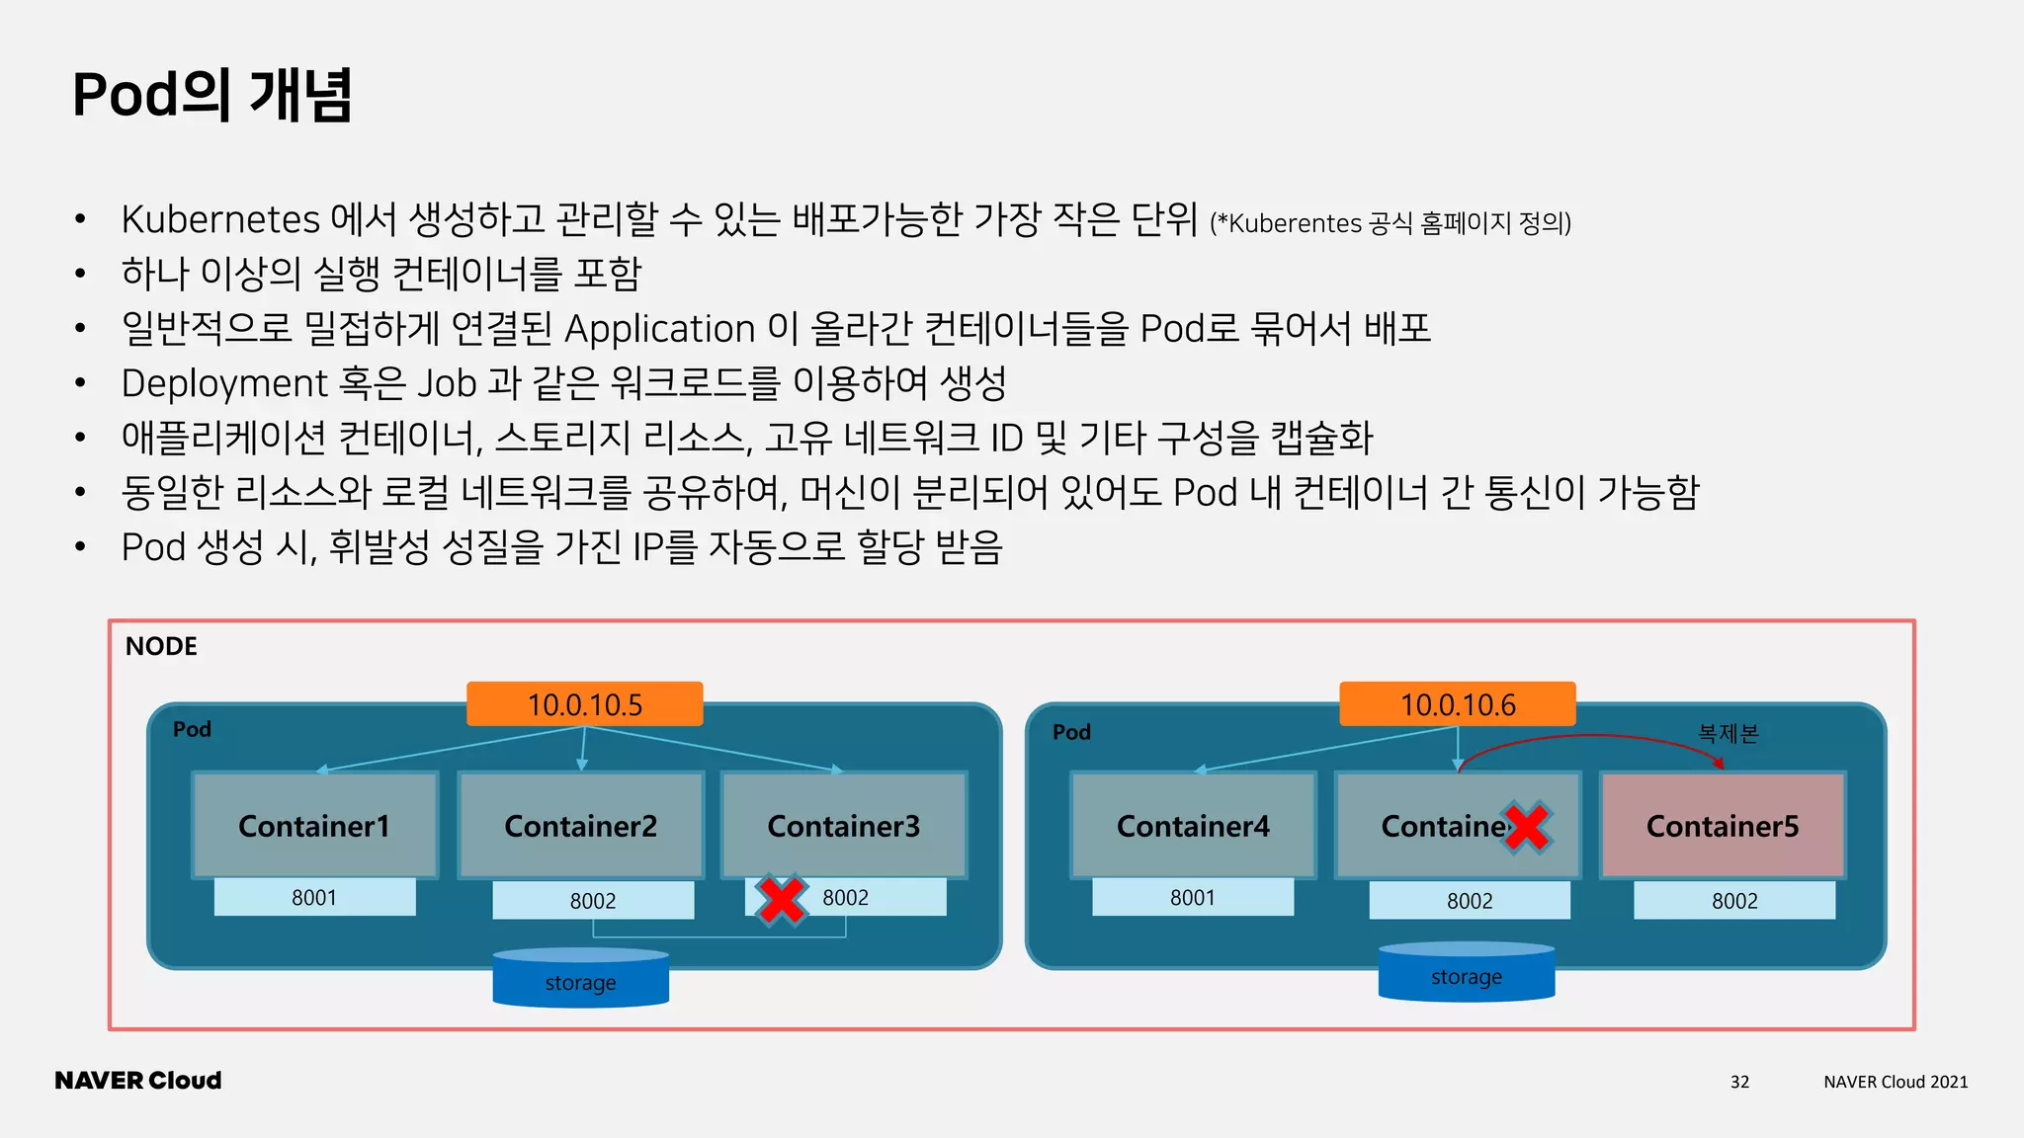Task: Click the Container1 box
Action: click(314, 825)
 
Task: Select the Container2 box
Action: click(580, 825)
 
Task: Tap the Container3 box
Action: click(843, 825)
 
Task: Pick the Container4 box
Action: click(1193, 825)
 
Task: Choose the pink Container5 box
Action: click(1722, 825)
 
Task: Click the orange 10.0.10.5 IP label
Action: click(584, 704)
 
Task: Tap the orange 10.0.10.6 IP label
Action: click(1457, 704)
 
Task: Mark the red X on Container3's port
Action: click(782, 899)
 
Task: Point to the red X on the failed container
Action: click(1527, 828)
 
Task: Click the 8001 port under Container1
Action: click(314, 897)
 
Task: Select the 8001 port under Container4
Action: click(1192, 897)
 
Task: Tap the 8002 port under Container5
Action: click(1733, 900)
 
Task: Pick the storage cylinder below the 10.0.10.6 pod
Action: click(1466, 974)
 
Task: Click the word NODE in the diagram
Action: click(161, 646)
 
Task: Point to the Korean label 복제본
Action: click(1728, 733)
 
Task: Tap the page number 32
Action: click(1739, 1082)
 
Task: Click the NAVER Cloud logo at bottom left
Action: click(138, 1080)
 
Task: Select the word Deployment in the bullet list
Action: click(224, 383)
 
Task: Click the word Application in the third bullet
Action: click(659, 329)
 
